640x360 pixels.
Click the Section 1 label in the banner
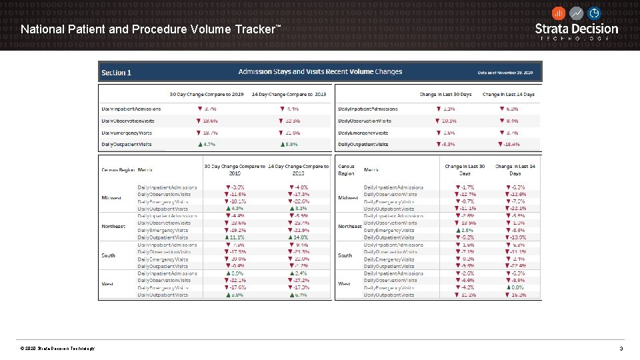click(x=116, y=72)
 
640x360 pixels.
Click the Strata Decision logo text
click(x=577, y=29)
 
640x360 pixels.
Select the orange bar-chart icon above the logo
click(x=559, y=13)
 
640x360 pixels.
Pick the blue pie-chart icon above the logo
click(x=594, y=13)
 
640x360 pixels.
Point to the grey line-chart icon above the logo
click(x=577, y=13)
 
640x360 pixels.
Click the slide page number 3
click(x=621, y=349)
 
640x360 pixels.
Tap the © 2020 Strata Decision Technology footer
click(x=57, y=349)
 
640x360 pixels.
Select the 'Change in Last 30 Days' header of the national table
click(x=445, y=94)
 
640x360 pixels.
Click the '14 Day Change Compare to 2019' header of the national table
click(x=289, y=94)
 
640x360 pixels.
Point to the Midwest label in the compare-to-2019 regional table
click(x=111, y=198)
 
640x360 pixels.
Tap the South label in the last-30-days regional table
click(x=345, y=255)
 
